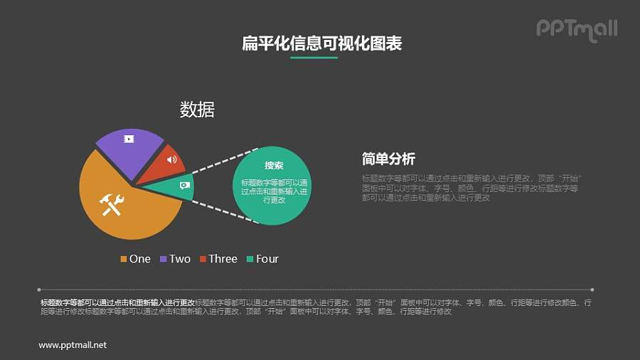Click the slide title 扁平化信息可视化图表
pyautogui.click(x=322, y=43)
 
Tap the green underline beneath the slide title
pyautogui.click(x=314, y=58)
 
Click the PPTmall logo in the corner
pyautogui.click(x=576, y=29)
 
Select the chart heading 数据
pyautogui.click(x=197, y=110)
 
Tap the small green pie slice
pyautogui.click(x=175, y=186)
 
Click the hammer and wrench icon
pyautogui.click(x=113, y=204)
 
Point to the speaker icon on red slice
pyautogui.click(x=171, y=159)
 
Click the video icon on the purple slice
pyautogui.click(x=129, y=139)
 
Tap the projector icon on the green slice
pyautogui.click(x=184, y=185)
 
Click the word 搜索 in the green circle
pyautogui.click(x=274, y=165)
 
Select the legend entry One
pyautogui.click(x=135, y=259)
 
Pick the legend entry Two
pyautogui.click(x=175, y=259)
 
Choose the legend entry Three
pyautogui.click(x=218, y=259)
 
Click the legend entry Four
pyautogui.click(x=262, y=259)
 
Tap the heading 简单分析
pyautogui.click(x=388, y=159)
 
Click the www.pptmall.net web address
pyautogui.click(x=73, y=345)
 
